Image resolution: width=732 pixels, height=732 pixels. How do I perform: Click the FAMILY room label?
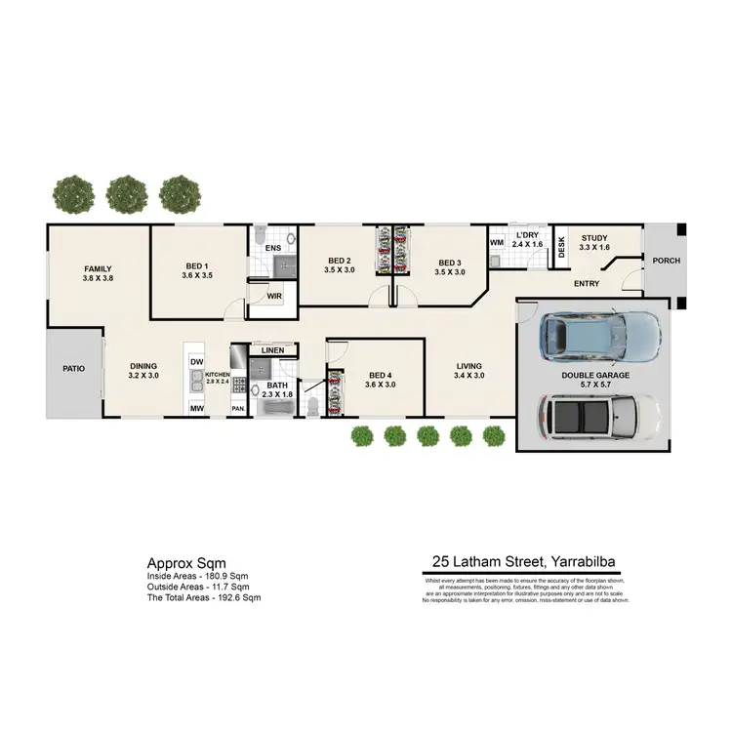pyautogui.click(x=98, y=268)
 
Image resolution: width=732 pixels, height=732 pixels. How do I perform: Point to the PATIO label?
pyautogui.click(x=74, y=369)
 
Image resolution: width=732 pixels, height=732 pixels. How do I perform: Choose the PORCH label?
pyautogui.click(x=667, y=261)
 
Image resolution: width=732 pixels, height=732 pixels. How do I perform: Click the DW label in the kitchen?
pyautogui.click(x=196, y=362)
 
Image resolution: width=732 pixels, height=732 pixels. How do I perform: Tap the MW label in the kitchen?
pyautogui.click(x=196, y=408)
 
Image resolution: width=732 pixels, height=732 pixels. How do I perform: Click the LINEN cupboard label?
pyautogui.click(x=273, y=349)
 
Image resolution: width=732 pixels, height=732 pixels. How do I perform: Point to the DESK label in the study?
pyautogui.click(x=561, y=248)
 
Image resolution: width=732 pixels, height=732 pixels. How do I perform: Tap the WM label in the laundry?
pyautogui.click(x=496, y=241)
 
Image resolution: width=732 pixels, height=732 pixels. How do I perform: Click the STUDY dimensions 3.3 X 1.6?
pyautogui.click(x=594, y=248)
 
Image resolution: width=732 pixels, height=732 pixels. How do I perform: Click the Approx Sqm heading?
pyautogui.click(x=185, y=563)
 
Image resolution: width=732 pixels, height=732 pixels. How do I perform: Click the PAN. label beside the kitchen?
pyautogui.click(x=237, y=408)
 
